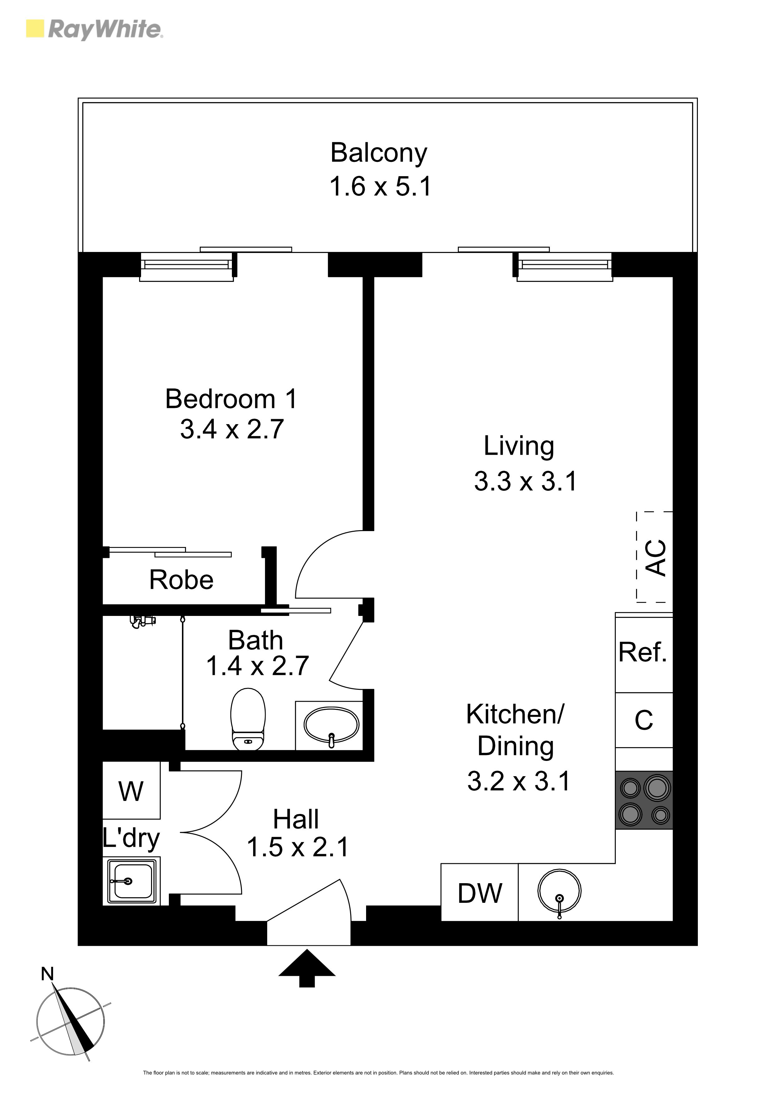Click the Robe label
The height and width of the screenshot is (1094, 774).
tap(181, 580)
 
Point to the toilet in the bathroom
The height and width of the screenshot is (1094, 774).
tap(248, 719)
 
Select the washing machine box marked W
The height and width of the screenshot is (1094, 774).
tap(131, 791)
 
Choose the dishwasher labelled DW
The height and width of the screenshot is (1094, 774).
tap(479, 893)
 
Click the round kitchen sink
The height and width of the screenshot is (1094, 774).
tap(559, 891)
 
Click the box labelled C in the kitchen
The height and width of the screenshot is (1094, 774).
tap(644, 720)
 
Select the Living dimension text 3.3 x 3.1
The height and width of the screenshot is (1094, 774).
tap(526, 481)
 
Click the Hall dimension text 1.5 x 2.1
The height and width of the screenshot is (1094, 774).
tap(297, 847)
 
